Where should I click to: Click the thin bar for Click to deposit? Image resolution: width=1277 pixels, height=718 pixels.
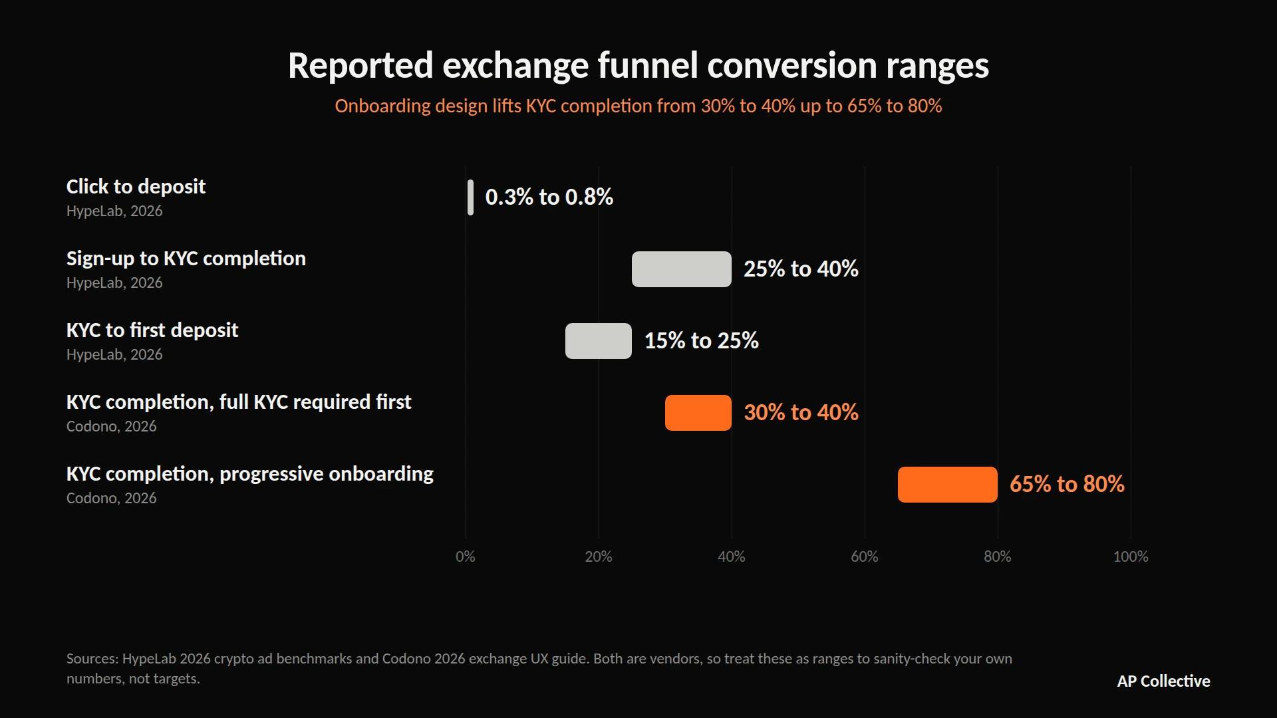tap(470, 197)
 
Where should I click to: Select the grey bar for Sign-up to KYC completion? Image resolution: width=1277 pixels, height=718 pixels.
tap(682, 269)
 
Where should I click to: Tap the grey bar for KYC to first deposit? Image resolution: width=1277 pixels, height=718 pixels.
tap(599, 341)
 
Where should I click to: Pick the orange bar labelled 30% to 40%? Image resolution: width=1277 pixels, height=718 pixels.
tap(698, 413)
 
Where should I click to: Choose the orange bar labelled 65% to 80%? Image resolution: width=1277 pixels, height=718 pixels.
tap(948, 485)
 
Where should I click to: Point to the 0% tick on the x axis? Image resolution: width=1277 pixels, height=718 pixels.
tap(466, 556)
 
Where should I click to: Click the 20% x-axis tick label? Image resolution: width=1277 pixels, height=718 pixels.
tap(599, 556)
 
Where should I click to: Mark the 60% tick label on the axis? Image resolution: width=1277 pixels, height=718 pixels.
tap(865, 556)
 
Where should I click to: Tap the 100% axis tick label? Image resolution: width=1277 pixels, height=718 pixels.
tap(1131, 556)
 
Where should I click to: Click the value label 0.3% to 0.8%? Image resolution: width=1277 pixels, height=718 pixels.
tap(549, 197)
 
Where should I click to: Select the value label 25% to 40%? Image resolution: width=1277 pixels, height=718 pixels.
tap(801, 269)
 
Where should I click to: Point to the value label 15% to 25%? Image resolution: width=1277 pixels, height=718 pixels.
tap(702, 340)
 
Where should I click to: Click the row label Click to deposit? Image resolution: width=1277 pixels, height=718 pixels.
tap(136, 187)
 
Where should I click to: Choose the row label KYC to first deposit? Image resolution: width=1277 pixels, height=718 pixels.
tap(152, 330)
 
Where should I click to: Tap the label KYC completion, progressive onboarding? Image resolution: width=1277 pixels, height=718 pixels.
tap(250, 474)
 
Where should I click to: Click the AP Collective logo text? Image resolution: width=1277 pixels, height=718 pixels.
tap(1164, 681)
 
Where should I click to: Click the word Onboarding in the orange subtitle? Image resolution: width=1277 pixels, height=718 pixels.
tap(382, 106)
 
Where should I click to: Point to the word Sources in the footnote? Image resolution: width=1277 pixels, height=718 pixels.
tap(92, 659)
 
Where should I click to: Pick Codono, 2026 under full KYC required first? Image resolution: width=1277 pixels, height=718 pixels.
tap(112, 426)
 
